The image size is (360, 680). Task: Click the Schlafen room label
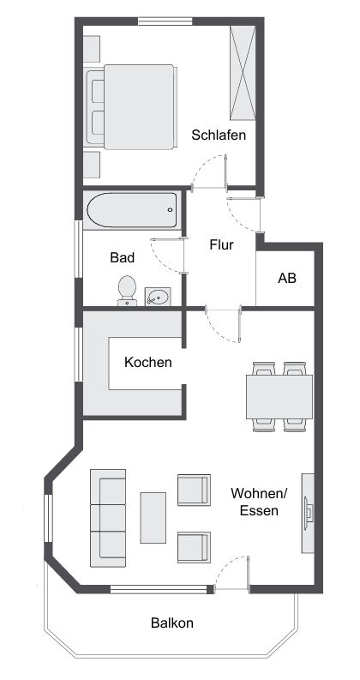pyautogui.click(x=219, y=135)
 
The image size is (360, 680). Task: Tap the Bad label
pyautogui.click(x=123, y=256)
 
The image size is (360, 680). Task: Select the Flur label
pyautogui.click(x=221, y=244)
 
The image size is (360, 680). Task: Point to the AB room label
pyautogui.click(x=287, y=279)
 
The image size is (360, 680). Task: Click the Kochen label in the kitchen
pyautogui.click(x=148, y=363)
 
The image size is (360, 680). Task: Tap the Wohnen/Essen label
pyautogui.click(x=259, y=502)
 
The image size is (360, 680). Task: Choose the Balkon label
pyautogui.click(x=172, y=623)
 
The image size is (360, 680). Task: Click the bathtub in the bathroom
pyautogui.click(x=131, y=207)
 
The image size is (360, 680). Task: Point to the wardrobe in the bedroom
pyautogui.click(x=243, y=73)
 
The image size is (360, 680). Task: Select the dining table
pyautogui.click(x=279, y=395)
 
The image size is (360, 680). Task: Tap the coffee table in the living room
pyautogui.click(x=154, y=517)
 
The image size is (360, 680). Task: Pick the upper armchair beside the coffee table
pyautogui.click(x=193, y=490)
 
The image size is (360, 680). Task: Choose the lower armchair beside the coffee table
pyautogui.click(x=193, y=546)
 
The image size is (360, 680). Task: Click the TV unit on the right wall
pyautogui.click(x=307, y=514)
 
